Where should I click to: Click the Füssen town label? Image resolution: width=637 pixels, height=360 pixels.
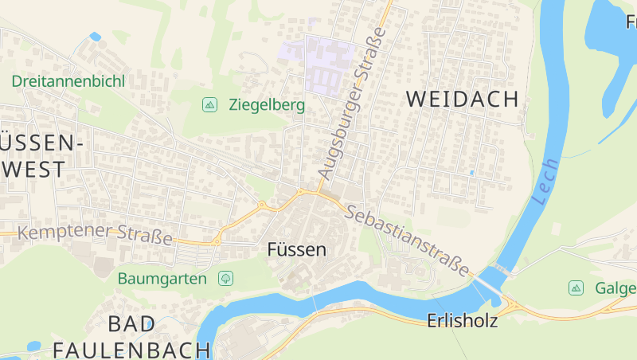pyautogui.click(x=296, y=249)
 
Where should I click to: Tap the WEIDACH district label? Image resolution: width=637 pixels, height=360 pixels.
pyautogui.click(x=462, y=99)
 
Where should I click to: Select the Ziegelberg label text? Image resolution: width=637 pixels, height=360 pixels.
pyautogui.click(x=266, y=104)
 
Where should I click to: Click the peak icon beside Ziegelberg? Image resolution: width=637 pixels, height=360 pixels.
pyautogui.click(x=209, y=104)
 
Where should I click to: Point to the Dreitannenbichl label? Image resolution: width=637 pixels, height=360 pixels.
pyautogui.click(x=68, y=80)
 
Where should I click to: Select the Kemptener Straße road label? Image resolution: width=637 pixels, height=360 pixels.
pyautogui.click(x=95, y=234)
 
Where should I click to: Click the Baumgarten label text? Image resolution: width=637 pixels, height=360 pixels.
pyautogui.click(x=162, y=279)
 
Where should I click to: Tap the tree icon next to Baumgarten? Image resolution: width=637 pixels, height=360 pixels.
pyautogui.click(x=226, y=278)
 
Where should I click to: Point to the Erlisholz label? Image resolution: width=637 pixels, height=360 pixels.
pyautogui.click(x=462, y=321)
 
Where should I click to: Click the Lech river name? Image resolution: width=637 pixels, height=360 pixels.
pyautogui.click(x=547, y=181)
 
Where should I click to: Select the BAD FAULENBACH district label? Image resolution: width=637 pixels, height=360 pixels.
pyautogui.click(x=131, y=337)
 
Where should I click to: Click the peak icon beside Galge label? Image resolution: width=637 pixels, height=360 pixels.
pyautogui.click(x=575, y=287)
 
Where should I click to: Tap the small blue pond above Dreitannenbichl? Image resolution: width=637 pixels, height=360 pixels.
pyautogui.click(x=96, y=37)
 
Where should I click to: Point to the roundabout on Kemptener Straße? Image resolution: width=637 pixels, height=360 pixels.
pyautogui.click(x=216, y=240)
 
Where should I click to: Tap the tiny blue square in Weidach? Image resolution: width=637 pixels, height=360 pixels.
pyautogui.click(x=471, y=172)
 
